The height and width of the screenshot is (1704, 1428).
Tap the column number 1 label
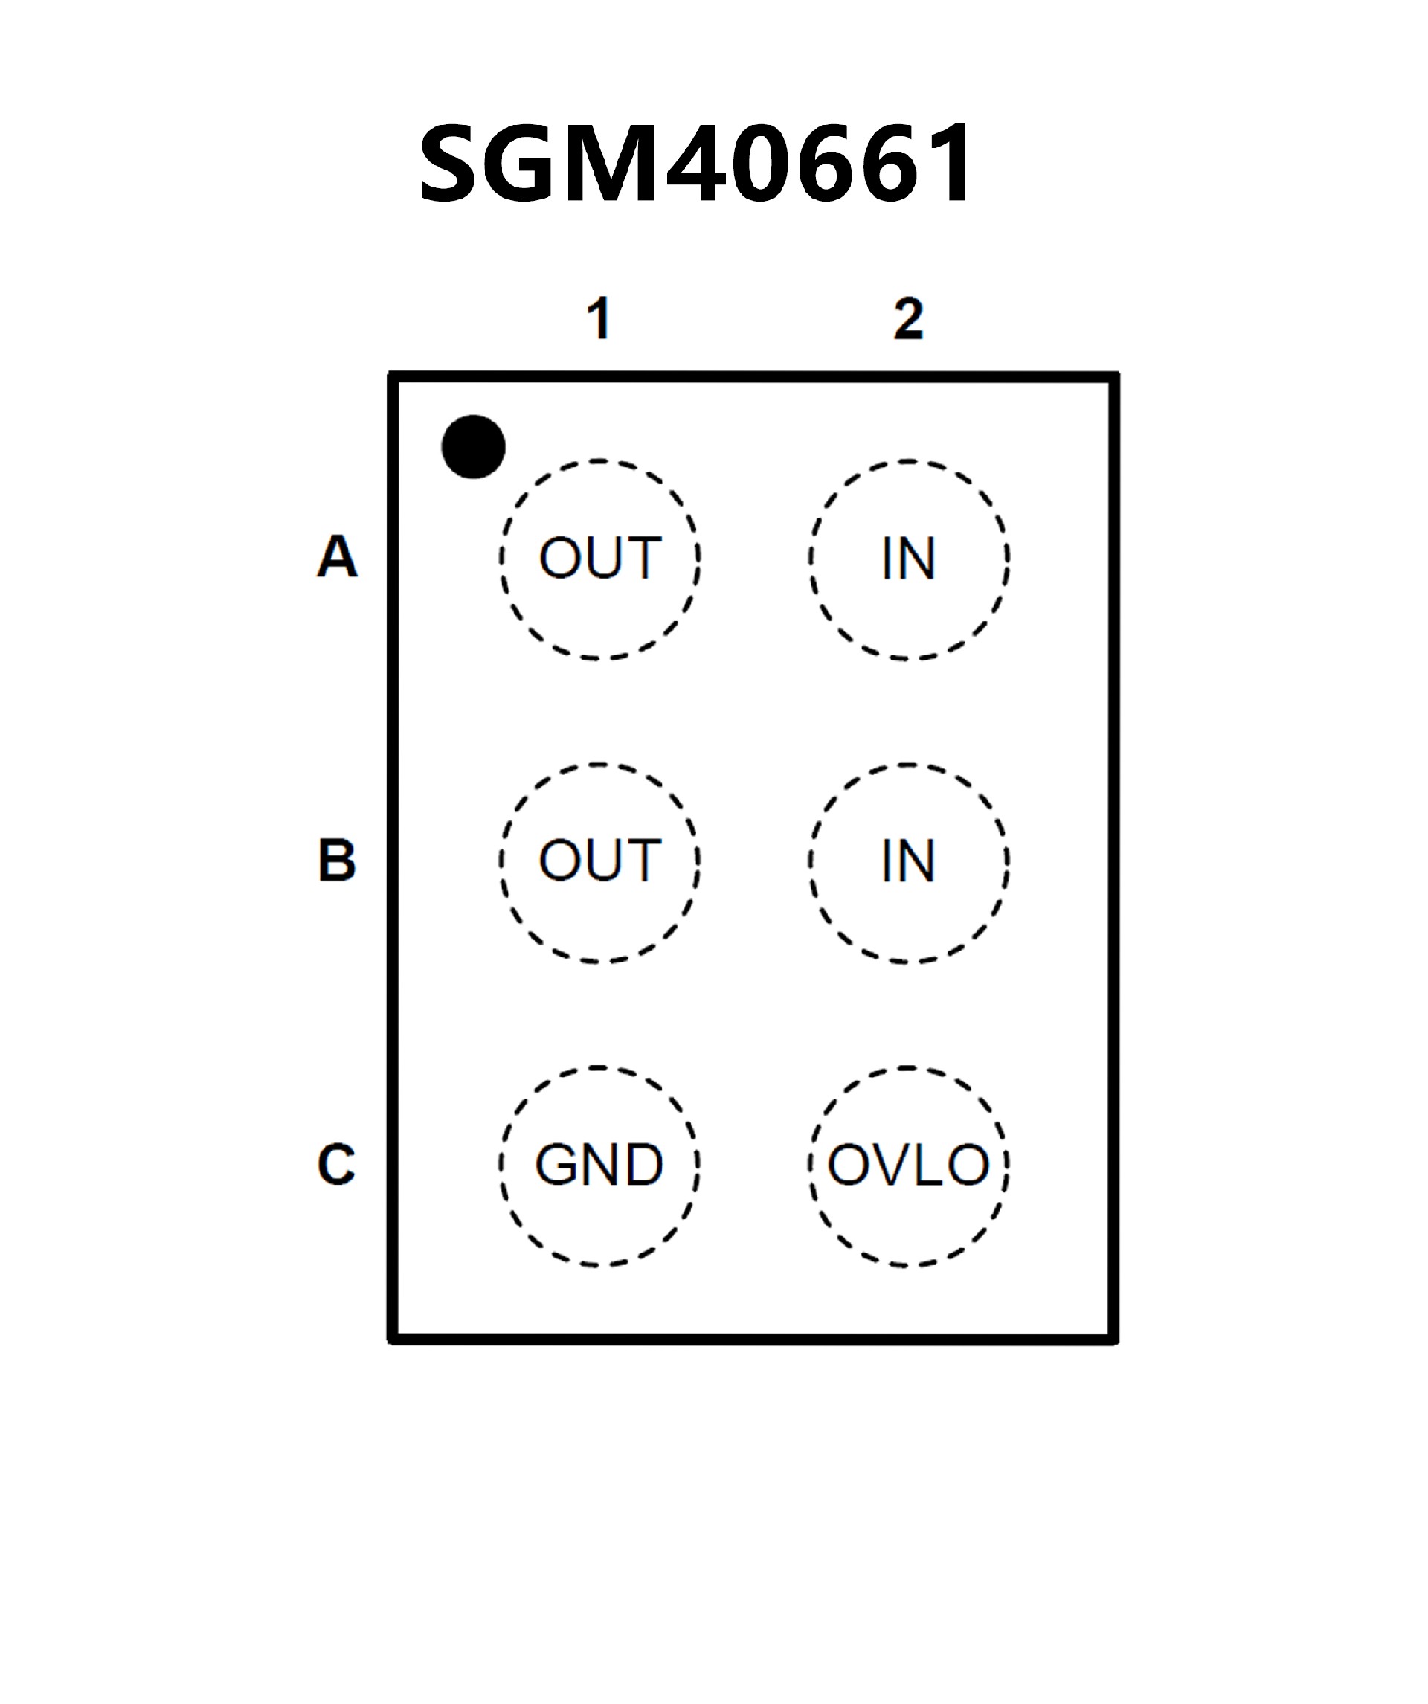599,318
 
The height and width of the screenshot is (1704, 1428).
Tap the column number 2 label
909,318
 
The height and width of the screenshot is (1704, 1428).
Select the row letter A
337,556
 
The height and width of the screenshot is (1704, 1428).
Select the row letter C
336,1165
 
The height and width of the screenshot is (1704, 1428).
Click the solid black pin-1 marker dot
473,446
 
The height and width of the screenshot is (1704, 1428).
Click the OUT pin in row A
599,559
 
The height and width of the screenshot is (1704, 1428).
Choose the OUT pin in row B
599,862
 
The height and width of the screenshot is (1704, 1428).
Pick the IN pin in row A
909,559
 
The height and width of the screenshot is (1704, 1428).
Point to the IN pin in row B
909,862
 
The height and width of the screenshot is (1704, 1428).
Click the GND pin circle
599,1166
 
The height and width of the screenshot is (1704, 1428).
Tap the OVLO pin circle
909,1166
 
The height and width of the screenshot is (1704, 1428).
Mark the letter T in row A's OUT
643,559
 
